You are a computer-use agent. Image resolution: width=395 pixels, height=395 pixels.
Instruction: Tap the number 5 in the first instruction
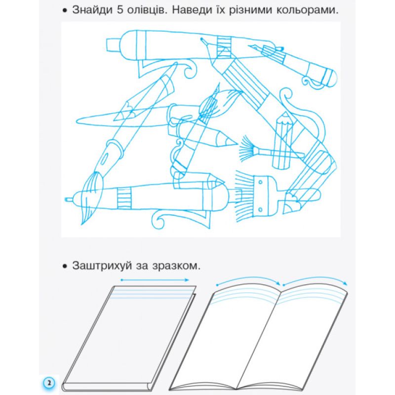click(x=120, y=10)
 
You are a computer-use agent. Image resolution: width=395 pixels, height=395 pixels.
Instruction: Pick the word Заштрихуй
click(x=102, y=266)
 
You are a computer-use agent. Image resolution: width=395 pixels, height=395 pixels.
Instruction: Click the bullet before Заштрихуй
click(x=65, y=266)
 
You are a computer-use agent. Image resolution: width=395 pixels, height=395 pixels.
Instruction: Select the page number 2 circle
click(x=49, y=383)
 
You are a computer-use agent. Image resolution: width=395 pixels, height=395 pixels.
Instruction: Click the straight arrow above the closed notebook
click(x=155, y=280)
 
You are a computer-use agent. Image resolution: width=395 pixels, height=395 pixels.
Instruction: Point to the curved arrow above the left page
click(x=248, y=279)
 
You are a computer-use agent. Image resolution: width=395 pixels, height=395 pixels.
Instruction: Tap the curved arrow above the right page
click(x=315, y=279)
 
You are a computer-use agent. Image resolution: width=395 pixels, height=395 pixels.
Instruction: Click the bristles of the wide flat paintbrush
click(x=244, y=197)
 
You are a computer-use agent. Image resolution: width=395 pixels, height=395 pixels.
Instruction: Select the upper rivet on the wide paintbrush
click(x=261, y=182)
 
